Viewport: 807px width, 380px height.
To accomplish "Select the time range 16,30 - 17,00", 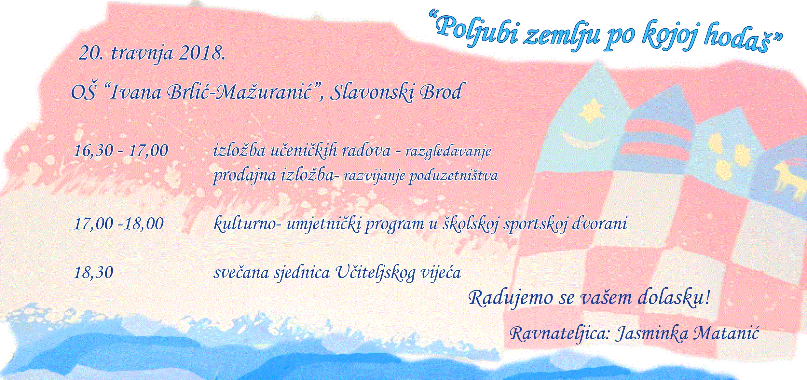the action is point(121,151).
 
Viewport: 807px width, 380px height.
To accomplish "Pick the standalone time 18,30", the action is point(94,273).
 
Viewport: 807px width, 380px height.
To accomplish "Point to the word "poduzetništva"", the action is point(453,176).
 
